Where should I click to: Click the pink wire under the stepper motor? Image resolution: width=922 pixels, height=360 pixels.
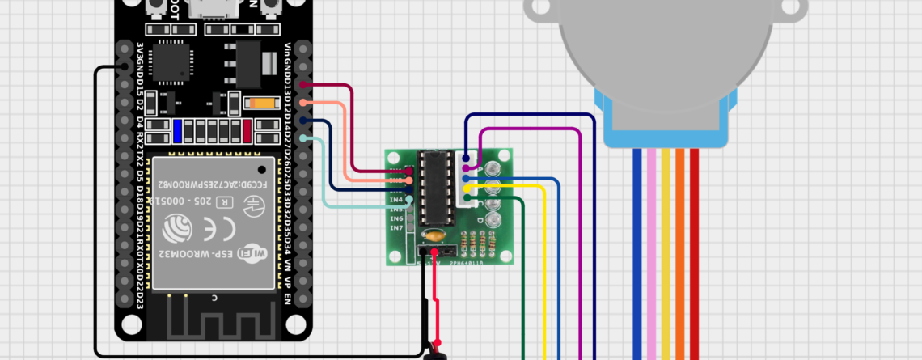pos(652,259)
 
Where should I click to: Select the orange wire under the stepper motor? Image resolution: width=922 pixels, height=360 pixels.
pos(679,259)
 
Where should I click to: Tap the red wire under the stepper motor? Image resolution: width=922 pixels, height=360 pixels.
pos(693,259)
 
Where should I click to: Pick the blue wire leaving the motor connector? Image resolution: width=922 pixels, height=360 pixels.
pos(638,259)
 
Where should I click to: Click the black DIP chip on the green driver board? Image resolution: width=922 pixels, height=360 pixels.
pos(436,188)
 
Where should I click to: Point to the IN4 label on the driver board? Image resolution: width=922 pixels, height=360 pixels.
pos(396,199)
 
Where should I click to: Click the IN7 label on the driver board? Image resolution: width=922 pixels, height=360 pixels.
pos(396,228)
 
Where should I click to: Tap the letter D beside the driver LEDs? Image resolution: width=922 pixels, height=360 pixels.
pos(480,220)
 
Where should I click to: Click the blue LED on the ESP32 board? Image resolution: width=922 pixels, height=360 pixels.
pos(176,130)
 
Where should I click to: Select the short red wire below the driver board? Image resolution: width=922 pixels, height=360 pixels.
pos(435,299)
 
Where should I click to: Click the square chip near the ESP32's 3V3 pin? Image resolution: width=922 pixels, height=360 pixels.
pos(171,61)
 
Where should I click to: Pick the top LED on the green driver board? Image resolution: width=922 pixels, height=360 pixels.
pos(492,169)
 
